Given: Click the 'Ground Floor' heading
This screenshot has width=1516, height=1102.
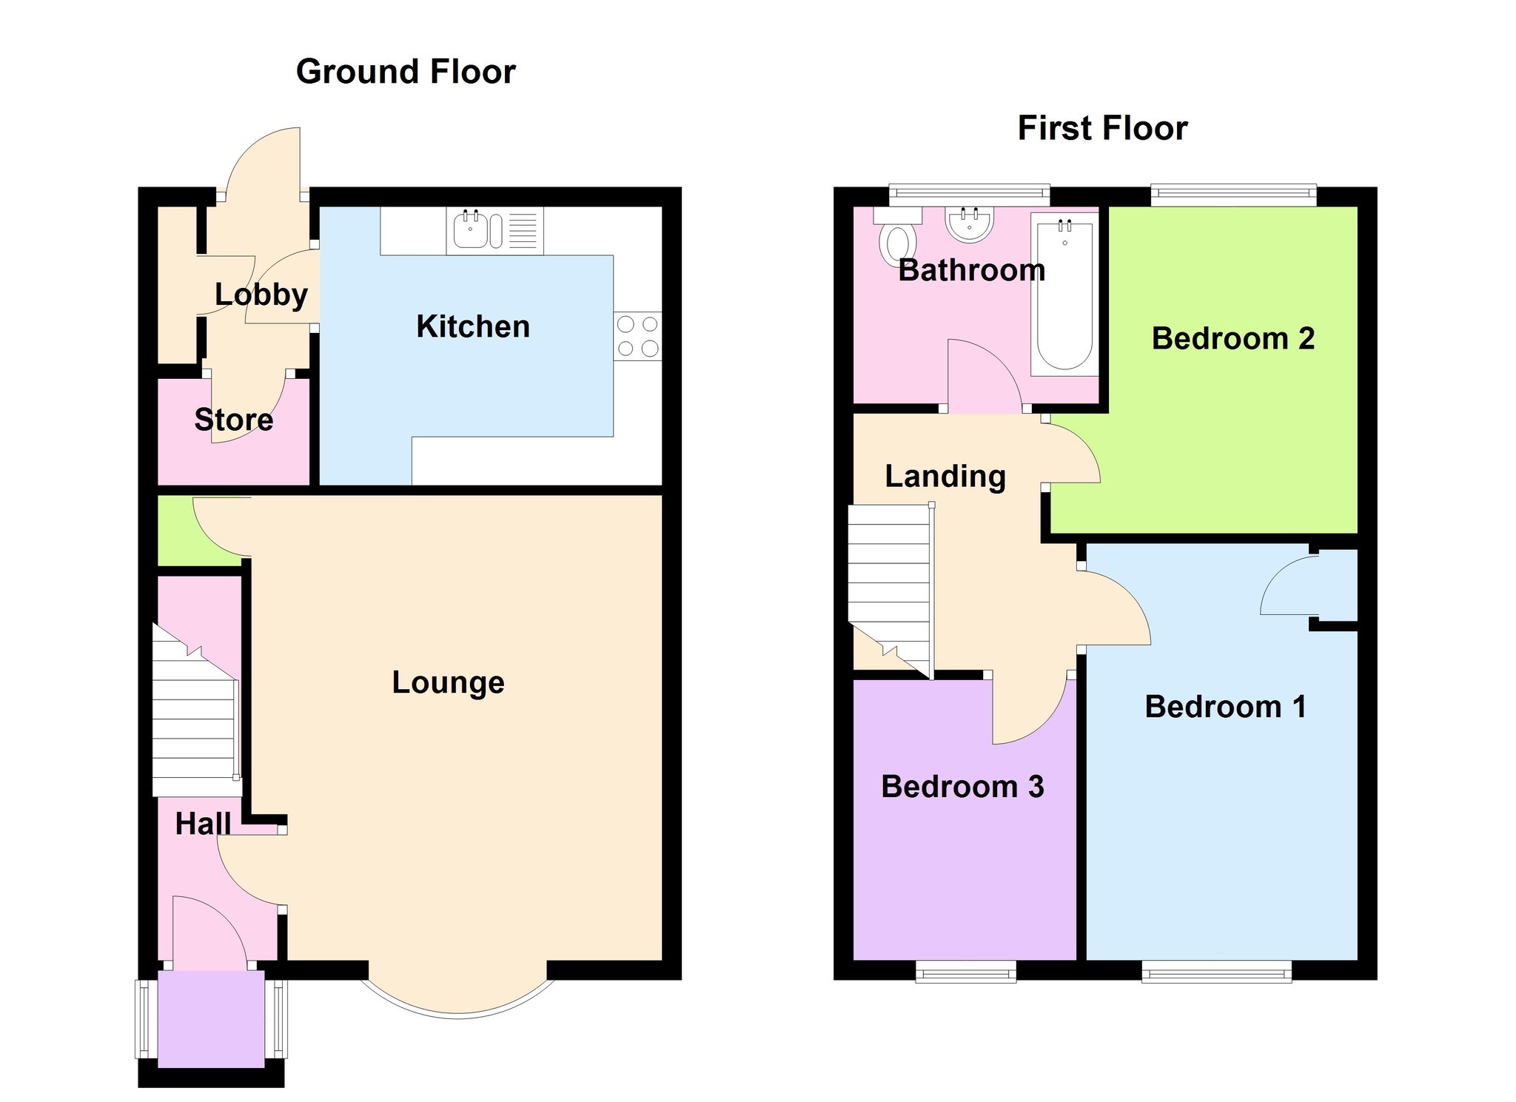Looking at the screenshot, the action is tap(406, 72).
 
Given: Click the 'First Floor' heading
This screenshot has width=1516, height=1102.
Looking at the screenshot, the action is tap(1102, 128).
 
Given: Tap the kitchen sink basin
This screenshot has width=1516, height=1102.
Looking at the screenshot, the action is tap(470, 229).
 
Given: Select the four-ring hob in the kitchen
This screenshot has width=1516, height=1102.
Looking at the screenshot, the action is tap(637, 336).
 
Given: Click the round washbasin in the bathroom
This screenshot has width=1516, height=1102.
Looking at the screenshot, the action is tap(969, 224).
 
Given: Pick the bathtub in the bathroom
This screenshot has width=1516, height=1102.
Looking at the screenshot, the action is tap(1064, 295).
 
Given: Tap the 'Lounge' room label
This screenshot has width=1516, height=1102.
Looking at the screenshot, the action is tap(448, 683).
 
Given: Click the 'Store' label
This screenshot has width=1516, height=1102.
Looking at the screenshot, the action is tap(233, 420).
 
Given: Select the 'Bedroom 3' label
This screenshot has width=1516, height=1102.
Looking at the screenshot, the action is tap(962, 787).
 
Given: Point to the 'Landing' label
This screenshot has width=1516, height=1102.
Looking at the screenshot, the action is tap(945, 477).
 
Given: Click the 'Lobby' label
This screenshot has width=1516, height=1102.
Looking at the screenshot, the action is tap(261, 295).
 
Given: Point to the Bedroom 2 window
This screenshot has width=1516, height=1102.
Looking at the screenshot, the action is tap(1234, 195).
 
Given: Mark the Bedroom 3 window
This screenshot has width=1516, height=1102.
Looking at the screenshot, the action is tap(965, 971).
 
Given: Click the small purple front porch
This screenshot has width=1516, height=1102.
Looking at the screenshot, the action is tap(211, 1019).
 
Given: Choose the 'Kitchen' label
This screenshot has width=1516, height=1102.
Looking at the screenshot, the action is tap(473, 326).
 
